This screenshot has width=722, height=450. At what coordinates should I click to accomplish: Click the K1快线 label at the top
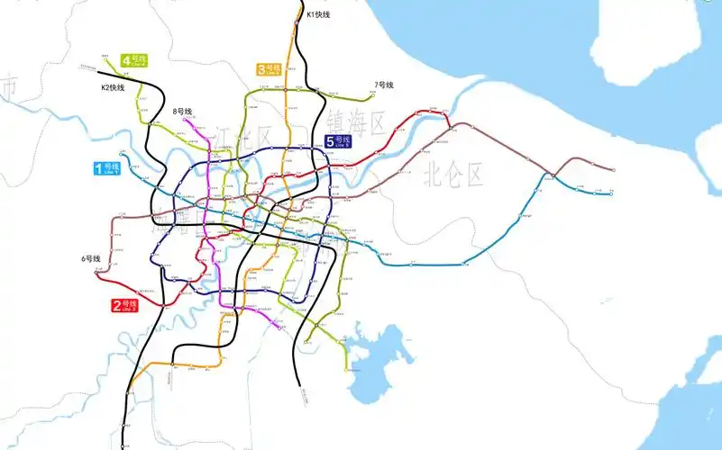coord(318,14)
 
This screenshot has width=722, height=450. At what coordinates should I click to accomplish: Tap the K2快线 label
coord(112,87)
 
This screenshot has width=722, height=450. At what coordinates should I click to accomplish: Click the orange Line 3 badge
coord(269,69)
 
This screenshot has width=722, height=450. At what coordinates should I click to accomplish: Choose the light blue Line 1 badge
coord(106,168)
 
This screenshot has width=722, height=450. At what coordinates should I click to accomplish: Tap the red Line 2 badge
coord(123,306)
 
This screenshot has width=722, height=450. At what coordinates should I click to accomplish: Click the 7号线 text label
coord(384,85)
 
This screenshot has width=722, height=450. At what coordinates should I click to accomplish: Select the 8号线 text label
coord(183,112)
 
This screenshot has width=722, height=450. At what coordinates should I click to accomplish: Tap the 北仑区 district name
coord(454,172)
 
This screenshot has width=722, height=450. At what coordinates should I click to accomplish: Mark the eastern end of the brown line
coord(614,169)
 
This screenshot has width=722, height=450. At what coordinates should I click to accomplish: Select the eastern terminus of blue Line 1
coord(611,193)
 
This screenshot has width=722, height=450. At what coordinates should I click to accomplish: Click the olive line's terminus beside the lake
coord(346,369)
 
